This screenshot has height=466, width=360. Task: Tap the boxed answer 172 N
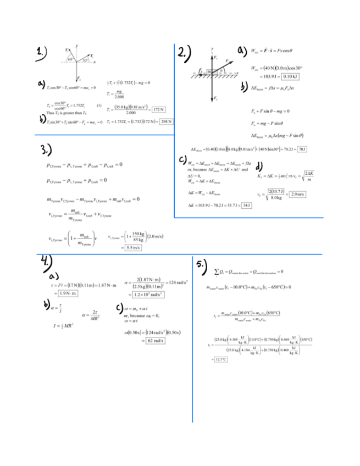pos(159,109)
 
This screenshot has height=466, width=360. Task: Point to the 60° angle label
pos(71,58)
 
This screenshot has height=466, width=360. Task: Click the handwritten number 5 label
pos(202,265)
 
